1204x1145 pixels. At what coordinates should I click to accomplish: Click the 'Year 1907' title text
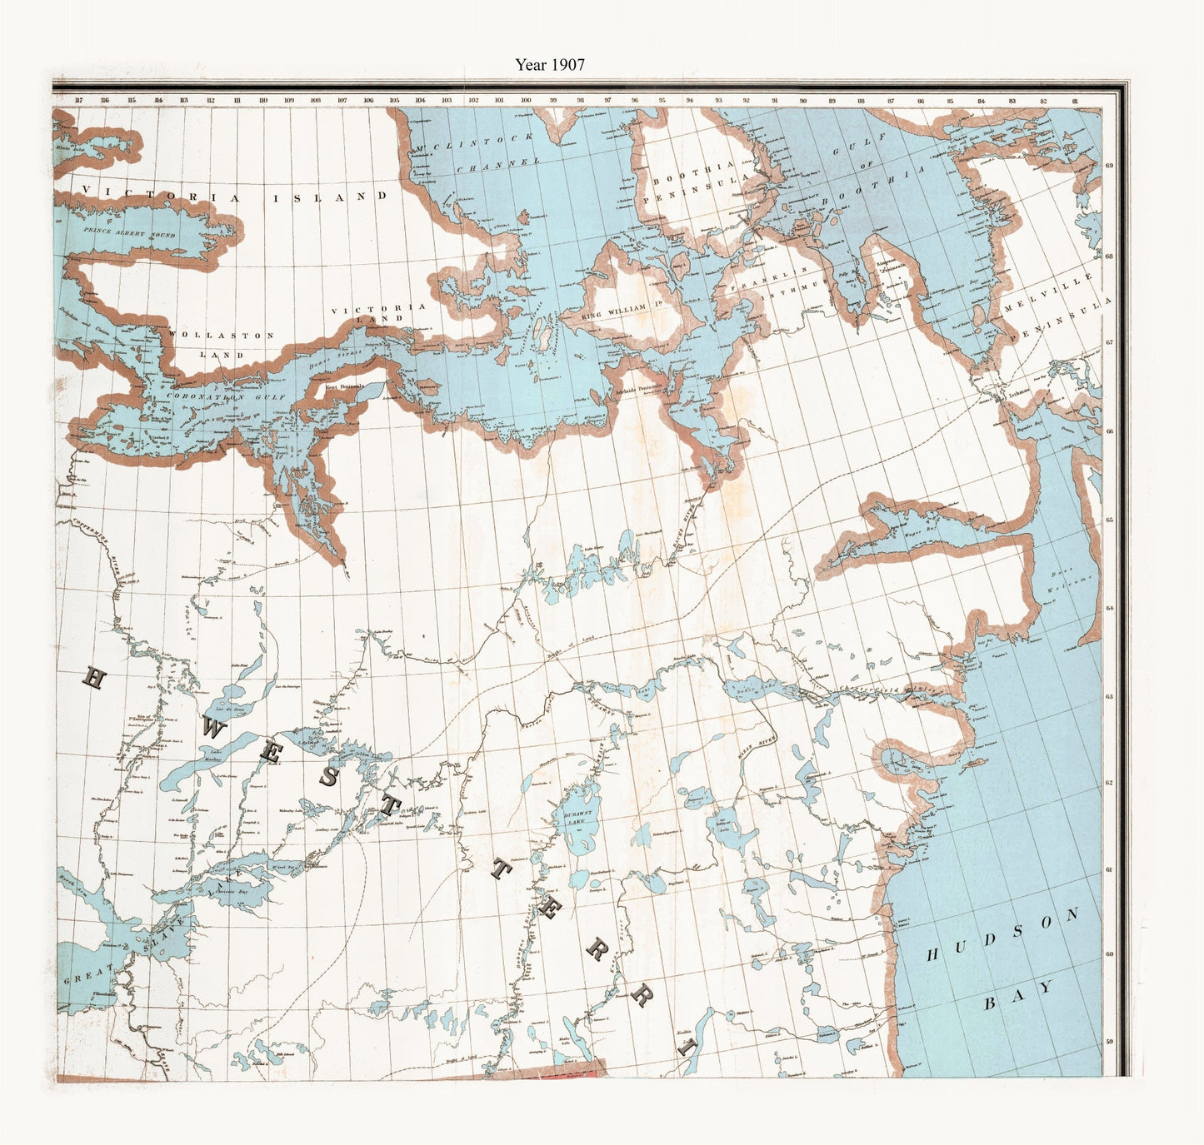(x=549, y=65)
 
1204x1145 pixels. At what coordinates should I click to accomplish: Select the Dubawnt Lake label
(x=577, y=817)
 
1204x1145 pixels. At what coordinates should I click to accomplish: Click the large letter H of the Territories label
(x=92, y=680)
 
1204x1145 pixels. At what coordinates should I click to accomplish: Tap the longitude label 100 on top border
(x=526, y=101)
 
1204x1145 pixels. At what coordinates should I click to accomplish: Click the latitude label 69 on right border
(x=1109, y=165)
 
